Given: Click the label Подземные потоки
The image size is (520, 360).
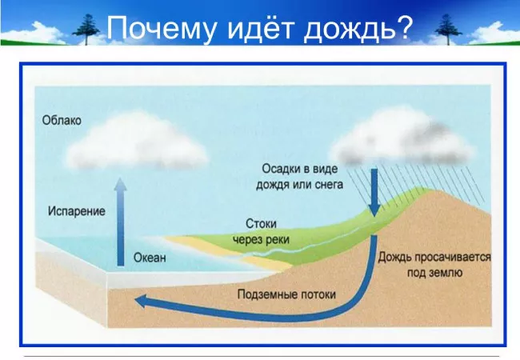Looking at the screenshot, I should click(286, 294).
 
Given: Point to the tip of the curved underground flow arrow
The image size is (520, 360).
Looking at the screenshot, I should click(138, 302).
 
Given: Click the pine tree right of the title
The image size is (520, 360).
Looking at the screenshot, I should click(441, 30).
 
